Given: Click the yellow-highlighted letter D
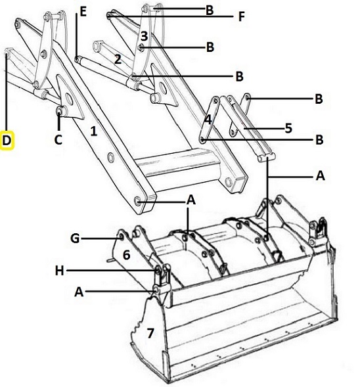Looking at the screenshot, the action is [7, 141].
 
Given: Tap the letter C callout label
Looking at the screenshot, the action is [58, 140].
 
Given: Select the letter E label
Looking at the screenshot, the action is [83, 12].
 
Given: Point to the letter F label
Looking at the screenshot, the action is [241, 17].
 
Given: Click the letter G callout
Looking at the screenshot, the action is [75, 239].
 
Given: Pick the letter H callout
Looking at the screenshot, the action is [59, 271].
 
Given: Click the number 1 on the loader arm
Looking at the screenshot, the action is [93, 131].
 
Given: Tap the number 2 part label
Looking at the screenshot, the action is [118, 59].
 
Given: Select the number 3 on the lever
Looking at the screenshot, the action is [144, 36].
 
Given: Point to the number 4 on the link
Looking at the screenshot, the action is [208, 120].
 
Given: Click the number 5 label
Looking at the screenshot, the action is [288, 128].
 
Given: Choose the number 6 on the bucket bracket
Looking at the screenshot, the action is [126, 255].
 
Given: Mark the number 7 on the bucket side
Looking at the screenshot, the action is [150, 333].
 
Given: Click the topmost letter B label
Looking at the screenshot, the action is [210, 11].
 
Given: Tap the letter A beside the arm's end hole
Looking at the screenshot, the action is [191, 200].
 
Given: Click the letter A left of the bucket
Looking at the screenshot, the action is [79, 292].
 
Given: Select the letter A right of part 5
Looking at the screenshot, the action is [320, 176].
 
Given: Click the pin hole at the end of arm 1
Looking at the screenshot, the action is [137, 200].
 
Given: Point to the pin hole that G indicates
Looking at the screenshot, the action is [122, 237].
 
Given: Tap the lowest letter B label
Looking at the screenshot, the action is [319, 140].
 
